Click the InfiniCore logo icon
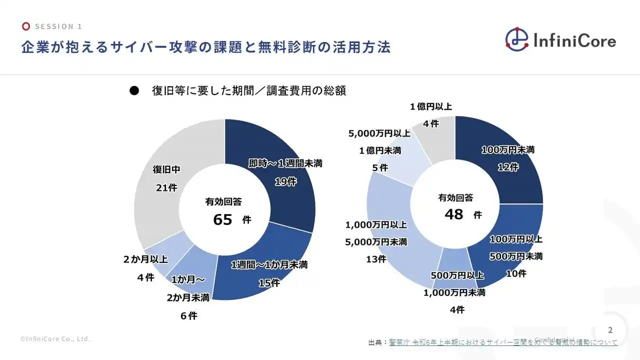tap(516, 39)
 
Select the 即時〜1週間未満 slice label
tap(285, 163)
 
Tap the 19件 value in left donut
tap(285, 181)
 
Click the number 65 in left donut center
tap(222, 219)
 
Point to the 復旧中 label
tap(166, 170)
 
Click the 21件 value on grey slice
tap(166, 187)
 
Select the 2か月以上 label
tap(145, 259)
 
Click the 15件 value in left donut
tap(269, 283)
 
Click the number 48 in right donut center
tap(454, 214)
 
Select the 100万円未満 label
tap(508, 150)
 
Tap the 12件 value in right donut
tap(508, 167)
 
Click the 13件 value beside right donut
tap(375, 259)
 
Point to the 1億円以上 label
tap(430, 106)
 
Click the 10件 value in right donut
tap(516, 273)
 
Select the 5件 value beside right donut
tap(380, 168)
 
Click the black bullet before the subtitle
tap(133, 91)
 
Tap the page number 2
tap(609, 330)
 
